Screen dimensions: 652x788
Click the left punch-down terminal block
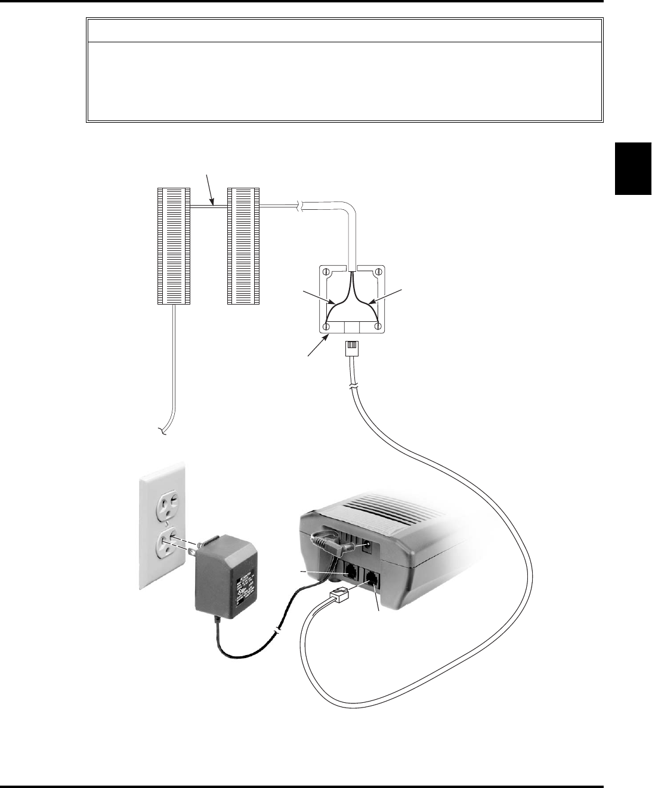click(174, 246)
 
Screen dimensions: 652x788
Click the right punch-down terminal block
click(244, 246)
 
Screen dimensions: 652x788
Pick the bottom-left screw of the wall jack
click(326, 327)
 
